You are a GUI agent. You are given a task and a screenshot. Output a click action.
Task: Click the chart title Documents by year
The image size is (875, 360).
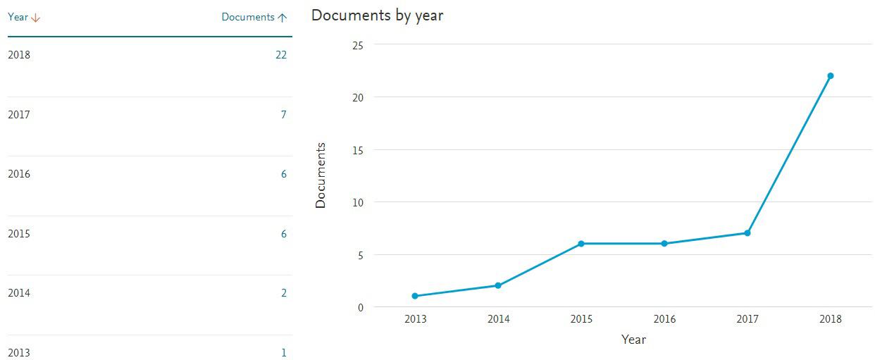tap(377, 15)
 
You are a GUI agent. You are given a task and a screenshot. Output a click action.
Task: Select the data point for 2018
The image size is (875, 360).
tap(831, 76)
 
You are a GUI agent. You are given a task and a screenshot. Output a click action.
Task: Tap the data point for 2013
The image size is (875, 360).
tap(415, 296)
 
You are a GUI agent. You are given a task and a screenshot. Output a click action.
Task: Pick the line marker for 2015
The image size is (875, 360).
tap(581, 244)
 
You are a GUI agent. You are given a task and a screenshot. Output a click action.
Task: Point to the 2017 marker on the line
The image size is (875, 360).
tap(747, 233)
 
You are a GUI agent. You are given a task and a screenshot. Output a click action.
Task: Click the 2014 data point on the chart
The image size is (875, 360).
tap(498, 285)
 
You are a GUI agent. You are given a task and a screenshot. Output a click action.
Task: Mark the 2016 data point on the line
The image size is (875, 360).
tap(664, 244)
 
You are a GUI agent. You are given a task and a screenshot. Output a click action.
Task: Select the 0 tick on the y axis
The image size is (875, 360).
tap(361, 307)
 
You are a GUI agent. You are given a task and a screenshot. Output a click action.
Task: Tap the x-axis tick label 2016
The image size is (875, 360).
tap(664, 319)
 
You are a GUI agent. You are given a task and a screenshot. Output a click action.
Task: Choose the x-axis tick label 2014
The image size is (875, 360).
tap(498, 319)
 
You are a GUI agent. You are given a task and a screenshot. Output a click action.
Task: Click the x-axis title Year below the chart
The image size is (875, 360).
tap(633, 340)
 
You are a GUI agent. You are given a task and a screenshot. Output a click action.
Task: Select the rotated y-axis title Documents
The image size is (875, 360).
tap(321, 175)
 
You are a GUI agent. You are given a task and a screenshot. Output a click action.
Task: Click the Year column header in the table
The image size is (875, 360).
tap(18, 17)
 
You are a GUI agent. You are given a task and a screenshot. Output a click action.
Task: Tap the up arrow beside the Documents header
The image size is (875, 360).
tap(283, 18)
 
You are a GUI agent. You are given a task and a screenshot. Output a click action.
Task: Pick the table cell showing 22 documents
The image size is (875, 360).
tap(281, 55)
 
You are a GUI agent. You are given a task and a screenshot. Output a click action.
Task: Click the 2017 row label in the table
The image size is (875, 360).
tap(19, 115)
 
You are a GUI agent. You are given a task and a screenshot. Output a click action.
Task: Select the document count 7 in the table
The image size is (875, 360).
tap(284, 114)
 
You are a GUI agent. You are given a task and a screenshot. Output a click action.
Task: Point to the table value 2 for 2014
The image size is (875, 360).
tap(284, 293)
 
